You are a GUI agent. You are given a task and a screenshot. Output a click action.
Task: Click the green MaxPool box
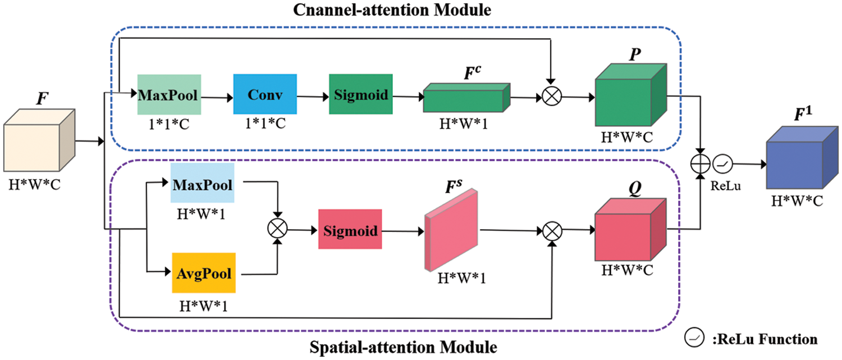tap(169, 95)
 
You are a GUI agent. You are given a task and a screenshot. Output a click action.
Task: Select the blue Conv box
tap(264, 94)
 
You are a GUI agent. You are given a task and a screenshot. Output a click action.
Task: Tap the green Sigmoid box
tap(361, 94)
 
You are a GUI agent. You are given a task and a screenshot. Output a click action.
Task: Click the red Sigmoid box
tap(350, 229)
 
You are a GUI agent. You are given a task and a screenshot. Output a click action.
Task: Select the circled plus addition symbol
tap(699, 165)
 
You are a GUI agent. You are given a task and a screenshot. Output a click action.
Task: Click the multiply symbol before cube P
tap(552, 97)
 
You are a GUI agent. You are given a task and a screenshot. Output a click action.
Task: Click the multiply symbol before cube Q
tap(552, 230)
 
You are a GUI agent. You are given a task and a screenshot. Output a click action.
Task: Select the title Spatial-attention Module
tap(403, 347)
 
